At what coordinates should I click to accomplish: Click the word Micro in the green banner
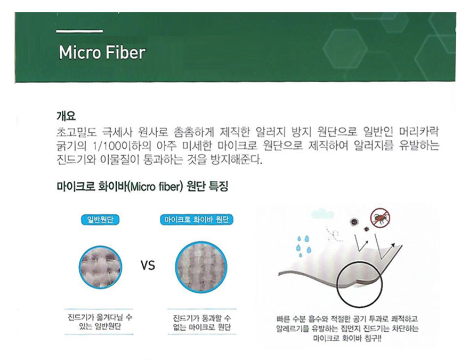point(79,53)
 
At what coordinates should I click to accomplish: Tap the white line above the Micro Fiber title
point(79,31)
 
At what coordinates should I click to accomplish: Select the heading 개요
point(66,116)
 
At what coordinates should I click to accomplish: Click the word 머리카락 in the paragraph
point(419,131)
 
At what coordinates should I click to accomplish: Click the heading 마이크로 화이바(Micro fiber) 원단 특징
point(142,187)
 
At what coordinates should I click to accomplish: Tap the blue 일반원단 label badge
point(100,220)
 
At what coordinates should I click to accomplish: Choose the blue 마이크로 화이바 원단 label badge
point(197,220)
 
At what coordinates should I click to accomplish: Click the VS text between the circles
point(148,266)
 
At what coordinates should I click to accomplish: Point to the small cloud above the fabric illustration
point(322,213)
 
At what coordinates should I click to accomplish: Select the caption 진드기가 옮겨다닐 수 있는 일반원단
point(100,322)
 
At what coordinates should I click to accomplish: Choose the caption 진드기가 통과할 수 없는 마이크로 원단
point(202,322)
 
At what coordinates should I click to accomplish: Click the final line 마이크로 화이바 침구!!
point(347,339)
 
